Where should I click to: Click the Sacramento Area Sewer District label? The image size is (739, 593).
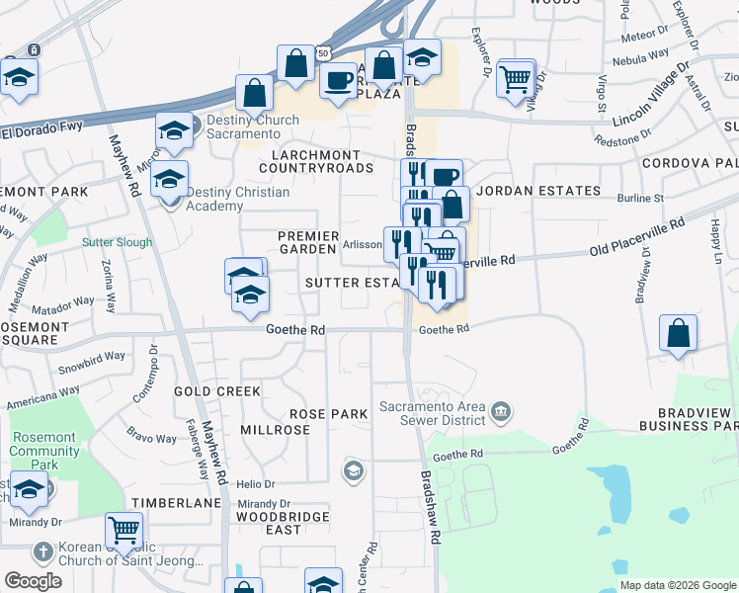pyautogui.click(x=435, y=414)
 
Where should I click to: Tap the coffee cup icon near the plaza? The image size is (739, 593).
pyautogui.click(x=338, y=81)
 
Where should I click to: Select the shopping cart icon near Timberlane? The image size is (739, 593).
pyautogui.click(x=123, y=530)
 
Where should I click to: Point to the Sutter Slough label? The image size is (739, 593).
pyautogui.click(x=119, y=242)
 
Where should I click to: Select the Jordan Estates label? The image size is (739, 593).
pyautogui.click(x=538, y=191)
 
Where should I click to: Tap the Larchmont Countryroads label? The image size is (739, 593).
pyautogui.click(x=316, y=162)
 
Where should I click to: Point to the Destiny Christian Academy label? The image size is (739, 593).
pyautogui.click(x=237, y=199)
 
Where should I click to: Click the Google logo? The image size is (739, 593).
pyautogui.click(x=34, y=580)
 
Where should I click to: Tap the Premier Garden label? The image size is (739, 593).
pyautogui.click(x=308, y=243)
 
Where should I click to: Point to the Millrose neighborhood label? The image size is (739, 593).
pyautogui.click(x=275, y=430)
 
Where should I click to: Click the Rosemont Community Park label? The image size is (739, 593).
pyautogui.click(x=43, y=444)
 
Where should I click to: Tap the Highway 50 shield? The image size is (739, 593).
pyautogui.click(x=323, y=51)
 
